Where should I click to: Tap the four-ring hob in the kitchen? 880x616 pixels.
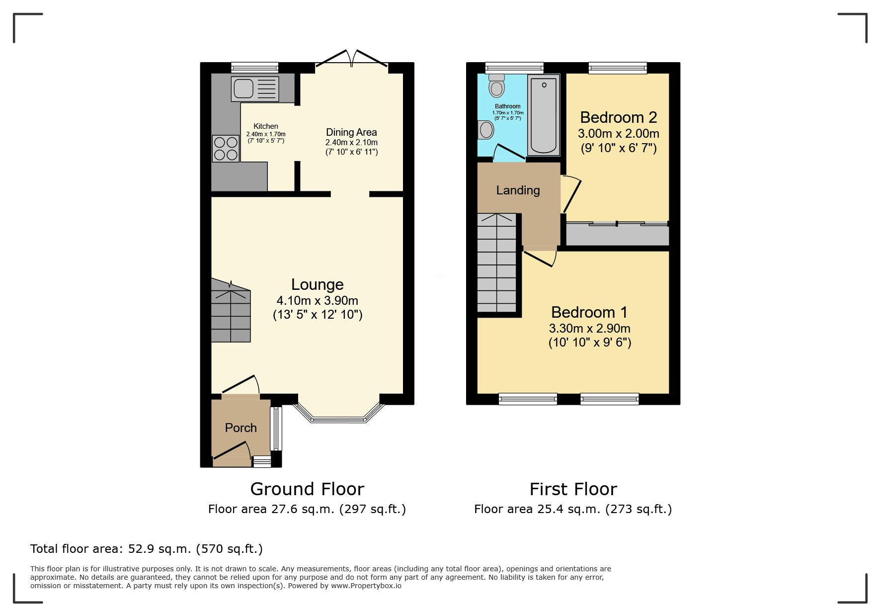tap(225, 149)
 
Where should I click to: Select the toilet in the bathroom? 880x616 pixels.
tap(496, 86)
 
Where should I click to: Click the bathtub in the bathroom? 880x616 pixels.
tap(543, 115)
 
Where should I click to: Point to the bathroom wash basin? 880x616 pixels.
tap(485, 130)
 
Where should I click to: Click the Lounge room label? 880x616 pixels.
tap(317, 284)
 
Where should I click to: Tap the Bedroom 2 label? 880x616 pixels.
tap(618, 117)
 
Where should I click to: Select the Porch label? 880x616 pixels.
tap(240, 428)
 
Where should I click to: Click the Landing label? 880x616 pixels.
tap(518, 190)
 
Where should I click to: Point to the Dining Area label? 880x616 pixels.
tap(351, 132)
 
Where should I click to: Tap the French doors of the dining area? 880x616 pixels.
tap(352, 59)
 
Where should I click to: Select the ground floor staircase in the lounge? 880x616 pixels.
tap(231, 313)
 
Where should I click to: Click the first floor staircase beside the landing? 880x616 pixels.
tap(497, 264)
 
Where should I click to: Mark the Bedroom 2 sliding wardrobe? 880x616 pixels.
tap(617, 234)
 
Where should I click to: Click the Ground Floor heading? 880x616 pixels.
tap(307, 489)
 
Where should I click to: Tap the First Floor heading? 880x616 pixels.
tap(573, 489)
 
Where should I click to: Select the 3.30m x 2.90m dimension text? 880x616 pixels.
tap(589, 328)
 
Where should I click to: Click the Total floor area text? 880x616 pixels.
tap(147, 549)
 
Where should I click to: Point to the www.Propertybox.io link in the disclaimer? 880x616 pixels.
tap(366, 586)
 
